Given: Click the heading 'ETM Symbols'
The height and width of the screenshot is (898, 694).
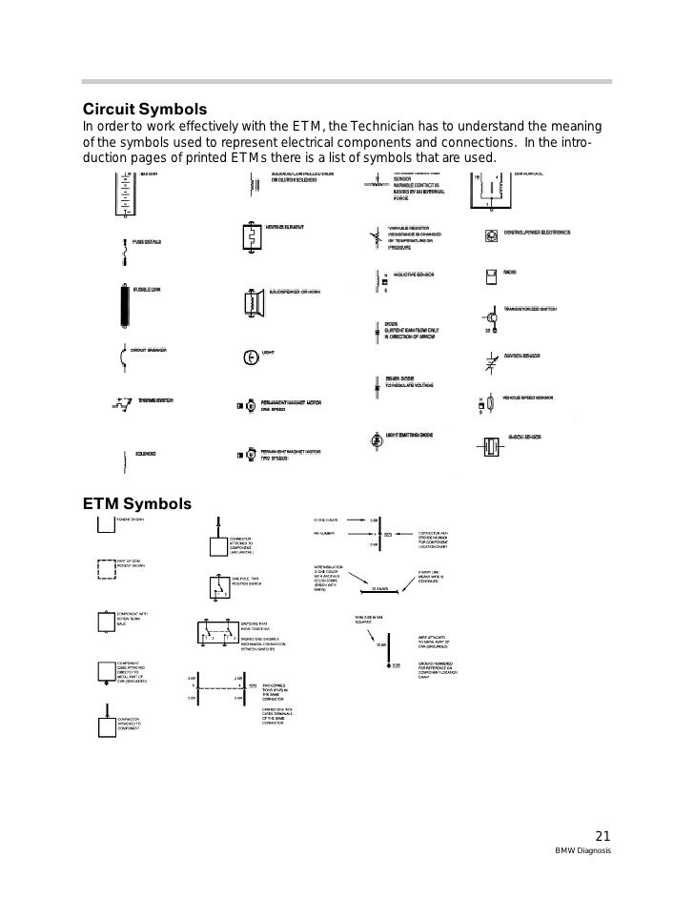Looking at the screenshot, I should pyautogui.click(x=137, y=502).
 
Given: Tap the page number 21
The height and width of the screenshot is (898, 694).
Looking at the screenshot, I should pyautogui.click(x=602, y=831).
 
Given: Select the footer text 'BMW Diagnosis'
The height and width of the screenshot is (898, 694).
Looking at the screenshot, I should pyautogui.click(x=585, y=850).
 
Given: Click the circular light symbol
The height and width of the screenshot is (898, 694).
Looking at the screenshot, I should pyautogui.click(x=249, y=357).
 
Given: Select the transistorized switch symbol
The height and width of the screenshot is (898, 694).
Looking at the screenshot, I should pyautogui.click(x=488, y=317).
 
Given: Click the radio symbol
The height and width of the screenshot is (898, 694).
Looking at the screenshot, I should pyautogui.click(x=490, y=277).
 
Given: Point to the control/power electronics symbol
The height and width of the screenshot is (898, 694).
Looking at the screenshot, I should pyautogui.click(x=490, y=235).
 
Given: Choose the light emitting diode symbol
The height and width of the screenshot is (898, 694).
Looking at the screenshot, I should pyautogui.click(x=376, y=441).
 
